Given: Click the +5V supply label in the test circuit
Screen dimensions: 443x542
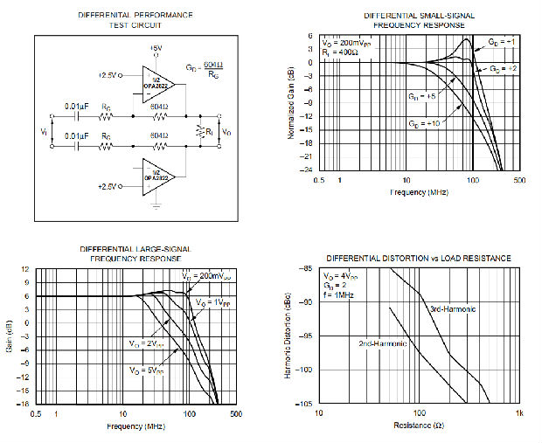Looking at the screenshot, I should point(156,48).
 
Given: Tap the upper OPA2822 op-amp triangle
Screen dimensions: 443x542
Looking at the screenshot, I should point(156,84).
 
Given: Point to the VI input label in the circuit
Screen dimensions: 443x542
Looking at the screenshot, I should point(43,131).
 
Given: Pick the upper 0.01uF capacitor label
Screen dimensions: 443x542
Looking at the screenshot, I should point(77,107).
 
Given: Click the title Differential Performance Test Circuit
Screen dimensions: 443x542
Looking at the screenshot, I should point(135,20).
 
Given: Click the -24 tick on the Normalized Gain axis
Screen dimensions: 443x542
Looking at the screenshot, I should point(309,169).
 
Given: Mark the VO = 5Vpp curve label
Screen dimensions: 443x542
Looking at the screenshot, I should point(148,372).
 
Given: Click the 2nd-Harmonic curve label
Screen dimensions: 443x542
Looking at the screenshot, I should point(382,343).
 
